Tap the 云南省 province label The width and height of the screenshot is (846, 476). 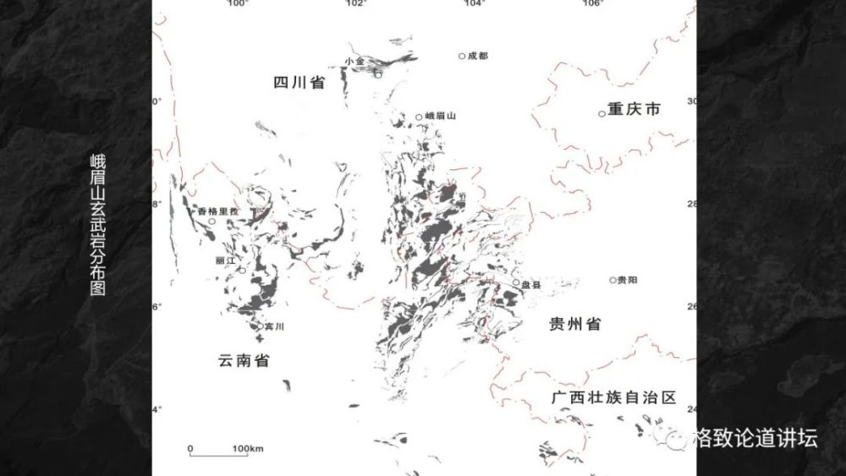click(244, 361)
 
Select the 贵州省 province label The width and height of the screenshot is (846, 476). click(574, 324)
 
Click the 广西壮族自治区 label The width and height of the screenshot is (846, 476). click(613, 397)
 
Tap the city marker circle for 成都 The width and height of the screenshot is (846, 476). click(462, 57)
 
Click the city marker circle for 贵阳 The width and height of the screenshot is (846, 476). click(613, 280)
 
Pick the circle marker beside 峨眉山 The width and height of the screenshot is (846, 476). click(419, 118)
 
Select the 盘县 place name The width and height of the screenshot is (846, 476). click(531, 285)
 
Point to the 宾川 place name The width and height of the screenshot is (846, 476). click(272, 326)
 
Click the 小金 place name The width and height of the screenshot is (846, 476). click(354, 62)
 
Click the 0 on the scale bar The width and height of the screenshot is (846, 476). click(190, 447)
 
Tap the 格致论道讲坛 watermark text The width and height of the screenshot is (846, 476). click(754, 438)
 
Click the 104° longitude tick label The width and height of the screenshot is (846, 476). click(474, 4)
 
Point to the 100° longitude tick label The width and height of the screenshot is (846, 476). click(237, 4)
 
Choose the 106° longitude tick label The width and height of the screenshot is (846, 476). click(592, 4)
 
